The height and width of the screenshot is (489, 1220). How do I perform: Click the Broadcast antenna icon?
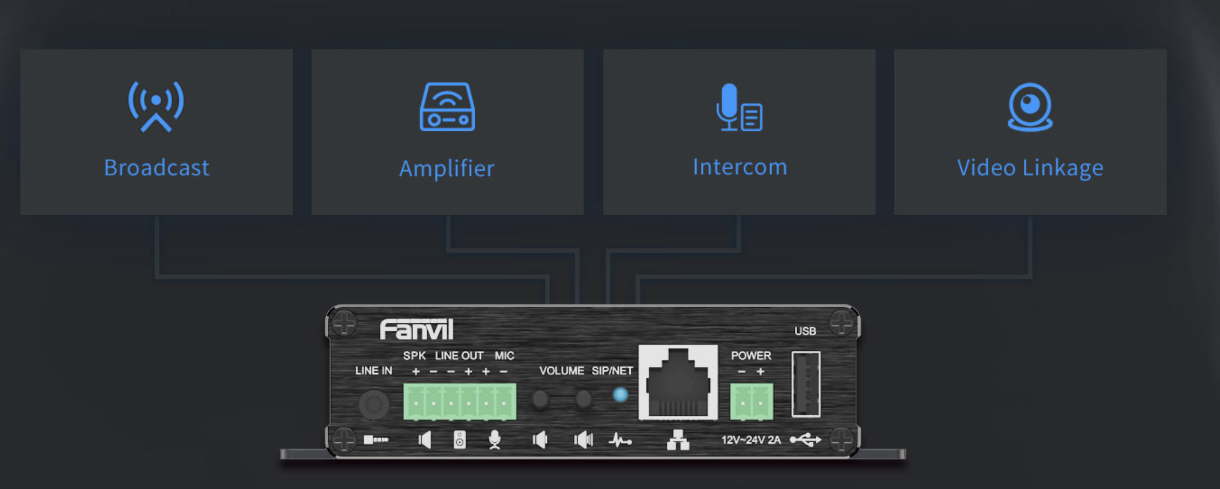156,106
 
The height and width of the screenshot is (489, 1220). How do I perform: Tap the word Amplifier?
447,168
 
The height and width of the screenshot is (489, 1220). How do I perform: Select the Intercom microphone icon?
739,107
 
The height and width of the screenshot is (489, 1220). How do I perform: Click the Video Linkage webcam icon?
1030,107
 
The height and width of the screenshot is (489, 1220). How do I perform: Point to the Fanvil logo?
417,330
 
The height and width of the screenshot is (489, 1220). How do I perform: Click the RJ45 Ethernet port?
678,383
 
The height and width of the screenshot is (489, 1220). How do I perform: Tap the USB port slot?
806,384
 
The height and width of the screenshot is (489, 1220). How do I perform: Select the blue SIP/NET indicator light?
620,395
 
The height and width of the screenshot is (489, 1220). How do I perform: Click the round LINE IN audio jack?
373,404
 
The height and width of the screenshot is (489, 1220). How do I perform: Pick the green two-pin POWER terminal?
752,402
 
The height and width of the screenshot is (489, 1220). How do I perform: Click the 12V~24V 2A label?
751,440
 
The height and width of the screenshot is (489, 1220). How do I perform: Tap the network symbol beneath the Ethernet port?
678,440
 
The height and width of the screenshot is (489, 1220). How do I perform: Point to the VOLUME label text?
562,371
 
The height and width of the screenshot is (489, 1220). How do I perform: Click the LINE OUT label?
459,355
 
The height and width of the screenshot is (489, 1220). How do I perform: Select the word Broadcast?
157,168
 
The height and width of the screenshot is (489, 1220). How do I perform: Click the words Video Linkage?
1030,168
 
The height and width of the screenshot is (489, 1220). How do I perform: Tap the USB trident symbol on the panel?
805,440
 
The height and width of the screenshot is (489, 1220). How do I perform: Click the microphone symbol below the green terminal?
494,440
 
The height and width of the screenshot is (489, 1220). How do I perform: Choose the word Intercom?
740,167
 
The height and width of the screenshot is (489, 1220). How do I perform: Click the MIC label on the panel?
504,355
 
